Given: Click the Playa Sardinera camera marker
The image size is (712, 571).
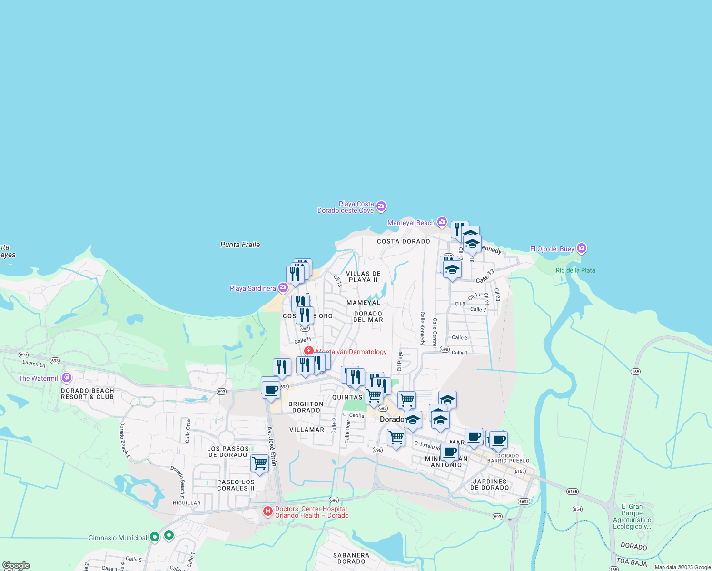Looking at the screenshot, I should (283, 287).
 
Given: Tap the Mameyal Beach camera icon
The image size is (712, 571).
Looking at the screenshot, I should (442, 222).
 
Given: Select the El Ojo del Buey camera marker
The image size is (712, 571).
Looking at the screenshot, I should (581, 248).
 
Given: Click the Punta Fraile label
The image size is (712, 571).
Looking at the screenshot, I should (240, 245).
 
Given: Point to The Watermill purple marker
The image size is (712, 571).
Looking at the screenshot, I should (66, 378).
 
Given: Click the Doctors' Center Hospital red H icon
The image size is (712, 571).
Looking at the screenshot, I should (268, 512).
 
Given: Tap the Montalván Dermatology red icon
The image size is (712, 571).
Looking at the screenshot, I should (308, 351).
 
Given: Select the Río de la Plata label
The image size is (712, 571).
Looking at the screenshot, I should (575, 270).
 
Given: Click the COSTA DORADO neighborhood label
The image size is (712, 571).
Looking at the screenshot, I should (403, 241).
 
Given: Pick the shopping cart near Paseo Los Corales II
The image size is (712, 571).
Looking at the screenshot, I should (259, 463).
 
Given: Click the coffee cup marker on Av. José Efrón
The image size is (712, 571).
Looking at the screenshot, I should (271, 391).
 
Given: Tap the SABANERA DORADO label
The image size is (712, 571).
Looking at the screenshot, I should (351, 558).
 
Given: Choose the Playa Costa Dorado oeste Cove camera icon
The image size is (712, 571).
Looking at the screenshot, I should (381, 206).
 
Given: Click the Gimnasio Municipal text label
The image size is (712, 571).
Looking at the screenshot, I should (118, 538).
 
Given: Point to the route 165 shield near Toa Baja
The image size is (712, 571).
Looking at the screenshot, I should (614, 569).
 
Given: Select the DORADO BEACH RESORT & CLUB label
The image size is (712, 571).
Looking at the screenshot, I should (88, 394).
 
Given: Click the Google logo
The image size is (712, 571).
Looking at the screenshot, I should (16, 565).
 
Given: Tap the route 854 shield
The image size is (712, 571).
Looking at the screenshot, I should (577, 509).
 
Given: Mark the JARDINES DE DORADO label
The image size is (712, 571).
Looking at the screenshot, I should (489, 484).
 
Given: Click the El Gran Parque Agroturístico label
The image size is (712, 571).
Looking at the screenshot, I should (632, 516).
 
